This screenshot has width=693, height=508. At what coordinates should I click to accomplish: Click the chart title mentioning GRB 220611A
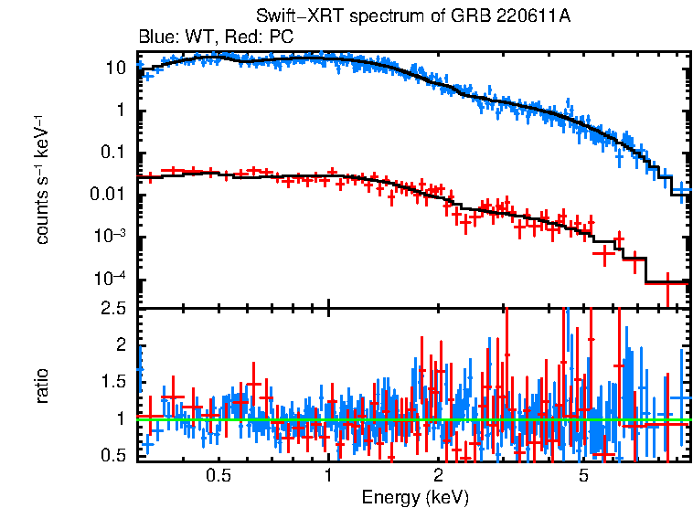[x=415, y=17]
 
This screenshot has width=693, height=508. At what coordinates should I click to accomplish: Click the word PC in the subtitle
[x=282, y=37]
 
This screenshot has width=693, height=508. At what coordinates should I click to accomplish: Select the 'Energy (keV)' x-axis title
[x=415, y=497]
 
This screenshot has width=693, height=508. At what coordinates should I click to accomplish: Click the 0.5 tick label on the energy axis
[x=219, y=476]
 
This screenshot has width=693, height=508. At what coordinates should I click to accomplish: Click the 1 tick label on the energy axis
[x=328, y=476]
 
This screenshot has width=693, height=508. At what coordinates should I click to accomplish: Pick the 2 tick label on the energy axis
[x=438, y=476]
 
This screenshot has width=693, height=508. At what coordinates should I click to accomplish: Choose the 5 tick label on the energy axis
[x=583, y=476]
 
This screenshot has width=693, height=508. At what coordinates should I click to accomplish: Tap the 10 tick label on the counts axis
[x=116, y=69]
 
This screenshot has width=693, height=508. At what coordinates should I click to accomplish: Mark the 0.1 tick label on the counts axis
[x=112, y=153]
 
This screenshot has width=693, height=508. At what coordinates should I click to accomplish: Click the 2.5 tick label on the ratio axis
[x=112, y=309]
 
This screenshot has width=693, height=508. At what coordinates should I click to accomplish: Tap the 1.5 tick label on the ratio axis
[x=112, y=382]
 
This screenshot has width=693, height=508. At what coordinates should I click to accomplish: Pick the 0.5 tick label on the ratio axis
[x=112, y=455]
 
